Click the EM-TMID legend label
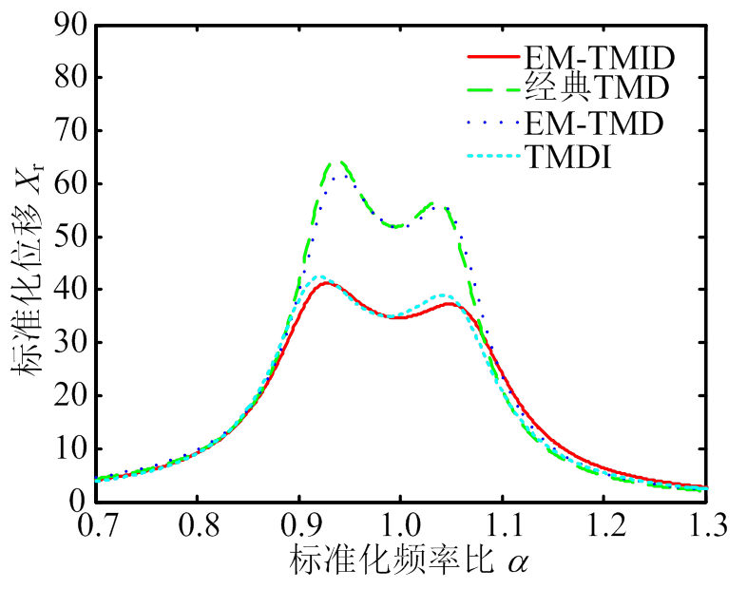600,59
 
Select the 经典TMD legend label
598,90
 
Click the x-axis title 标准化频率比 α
409,561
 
